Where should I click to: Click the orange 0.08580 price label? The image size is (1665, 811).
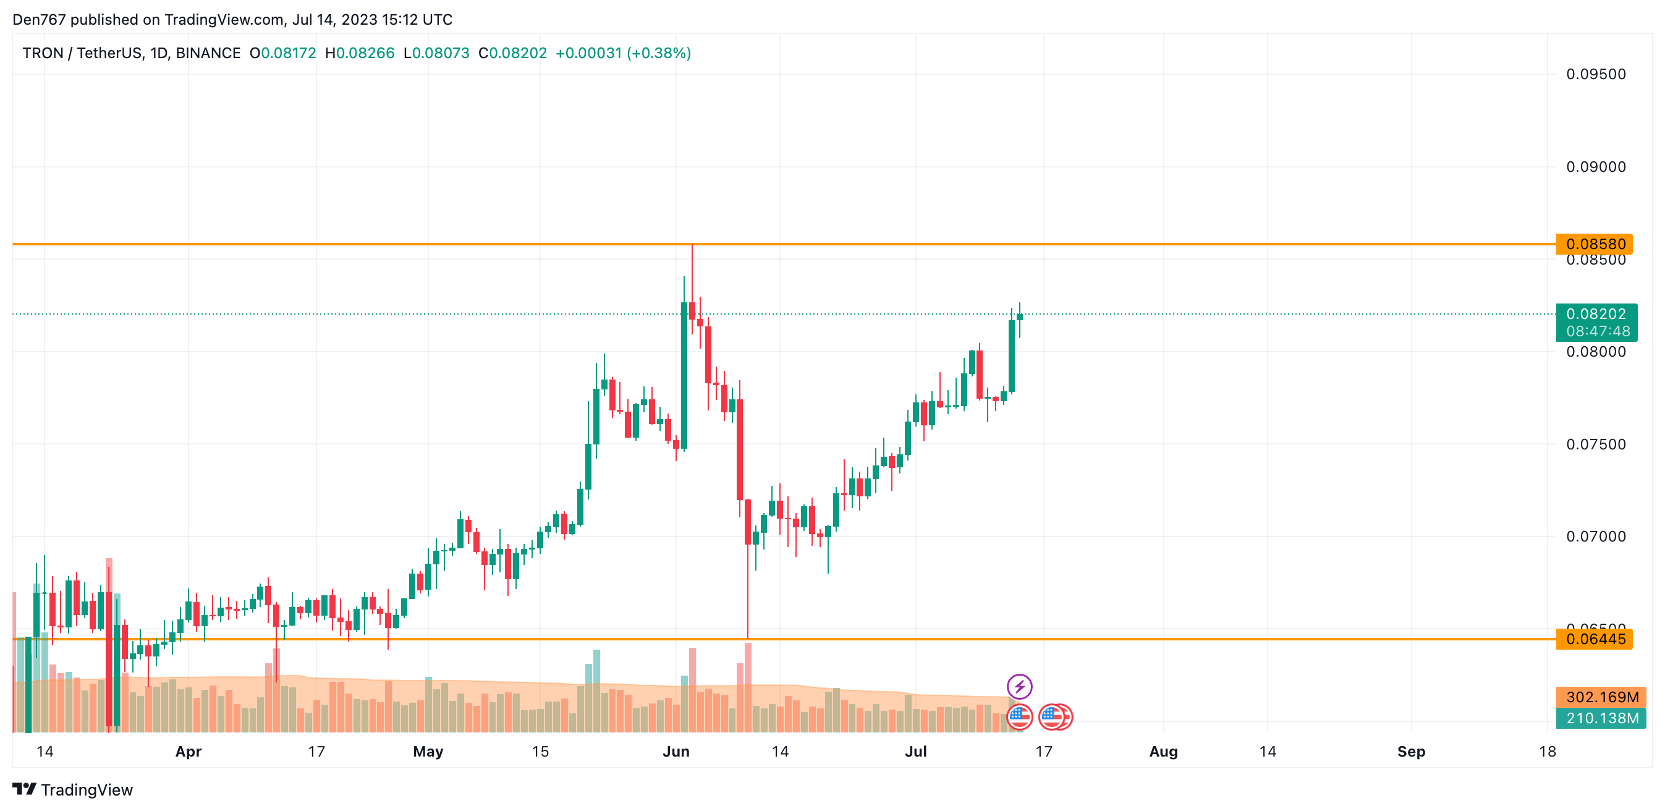coord(1595,244)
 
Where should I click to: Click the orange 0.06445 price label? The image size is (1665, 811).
coord(1595,639)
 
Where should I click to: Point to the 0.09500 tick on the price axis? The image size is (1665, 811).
coord(1595,74)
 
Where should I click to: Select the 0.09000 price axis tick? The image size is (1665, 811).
coord(1595,167)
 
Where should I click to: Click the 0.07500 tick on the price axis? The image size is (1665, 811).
coord(1595,444)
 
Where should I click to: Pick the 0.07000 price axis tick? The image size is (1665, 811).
coord(1595,537)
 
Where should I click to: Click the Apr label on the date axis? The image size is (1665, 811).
coord(188,752)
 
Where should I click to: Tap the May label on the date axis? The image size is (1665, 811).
coord(428,752)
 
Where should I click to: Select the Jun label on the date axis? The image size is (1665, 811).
coord(676,752)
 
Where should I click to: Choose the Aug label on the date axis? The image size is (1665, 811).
coord(1163,752)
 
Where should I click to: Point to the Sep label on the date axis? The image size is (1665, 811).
coord(1411,752)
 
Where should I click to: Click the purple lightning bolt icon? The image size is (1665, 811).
coord(1019,686)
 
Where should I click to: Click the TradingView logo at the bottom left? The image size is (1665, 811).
coord(72,790)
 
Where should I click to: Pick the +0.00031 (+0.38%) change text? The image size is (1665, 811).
coord(623,53)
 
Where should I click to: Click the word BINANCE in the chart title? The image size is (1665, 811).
coord(208,53)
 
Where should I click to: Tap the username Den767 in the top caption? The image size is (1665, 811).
coord(39,19)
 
